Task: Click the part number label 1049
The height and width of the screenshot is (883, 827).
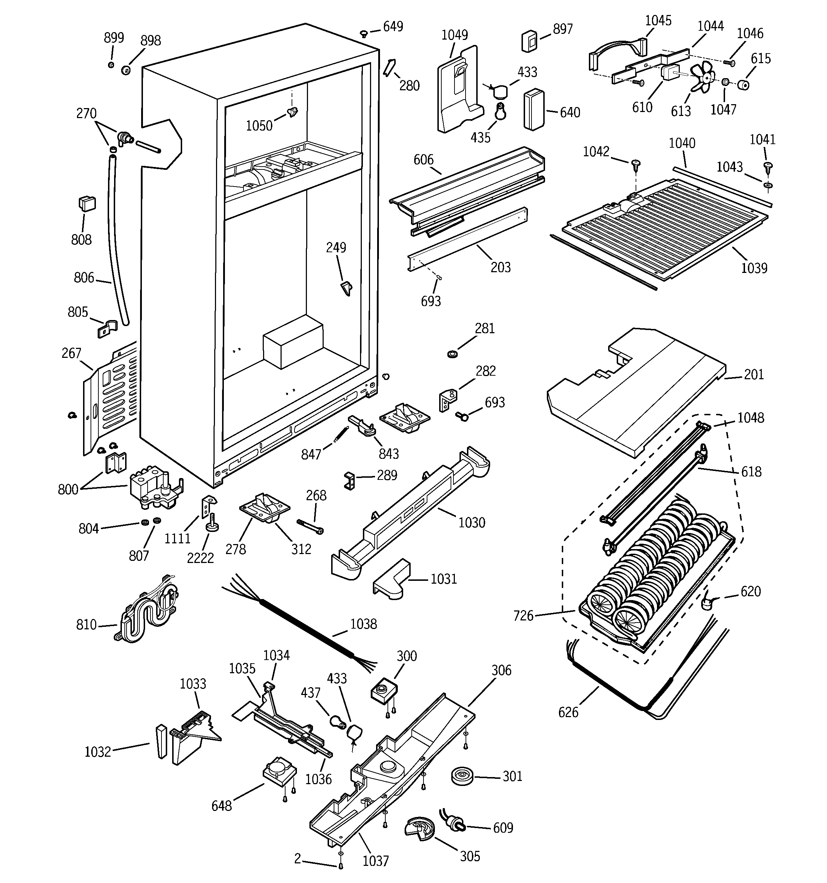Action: coord(454,35)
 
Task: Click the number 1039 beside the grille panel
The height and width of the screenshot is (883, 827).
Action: coord(754,268)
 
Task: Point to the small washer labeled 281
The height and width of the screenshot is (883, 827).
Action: coord(452,354)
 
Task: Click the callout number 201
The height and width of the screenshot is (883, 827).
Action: coord(754,375)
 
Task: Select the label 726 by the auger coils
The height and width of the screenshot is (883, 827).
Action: coord(523,616)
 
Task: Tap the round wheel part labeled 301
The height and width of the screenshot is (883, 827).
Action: coord(463,776)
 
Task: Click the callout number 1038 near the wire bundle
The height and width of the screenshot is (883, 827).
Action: coord(363,624)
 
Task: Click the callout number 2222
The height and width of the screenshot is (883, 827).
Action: coord(200,558)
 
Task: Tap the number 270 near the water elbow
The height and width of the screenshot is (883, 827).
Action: coord(86,114)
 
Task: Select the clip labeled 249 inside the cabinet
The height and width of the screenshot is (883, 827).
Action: coord(346,288)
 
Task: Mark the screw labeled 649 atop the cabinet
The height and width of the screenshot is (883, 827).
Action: coord(363,33)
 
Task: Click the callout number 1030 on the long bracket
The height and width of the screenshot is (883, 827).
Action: coord(472,522)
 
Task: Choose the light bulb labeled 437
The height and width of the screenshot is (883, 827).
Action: coord(338,722)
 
